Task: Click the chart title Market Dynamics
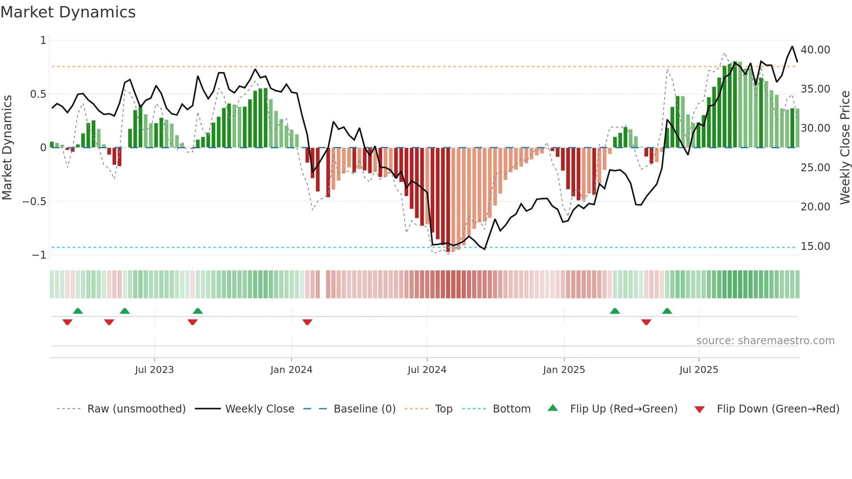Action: [x=68, y=12]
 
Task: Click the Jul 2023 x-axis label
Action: [x=154, y=370]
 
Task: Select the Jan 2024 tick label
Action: [x=291, y=370]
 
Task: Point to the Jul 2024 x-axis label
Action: [x=427, y=370]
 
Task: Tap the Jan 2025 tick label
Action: [x=564, y=370]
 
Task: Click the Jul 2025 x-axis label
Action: [x=699, y=370]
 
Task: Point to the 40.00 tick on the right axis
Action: [x=815, y=50]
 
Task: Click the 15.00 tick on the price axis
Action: [x=815, y=246]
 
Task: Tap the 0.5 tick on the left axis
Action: [x=38, y=94]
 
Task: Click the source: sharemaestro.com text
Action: [x=765, y=341]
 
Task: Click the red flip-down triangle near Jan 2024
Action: [x=307, y=322]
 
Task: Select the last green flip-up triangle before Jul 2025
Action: [x=667, y=311]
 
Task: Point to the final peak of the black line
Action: [x=792, y=47]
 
